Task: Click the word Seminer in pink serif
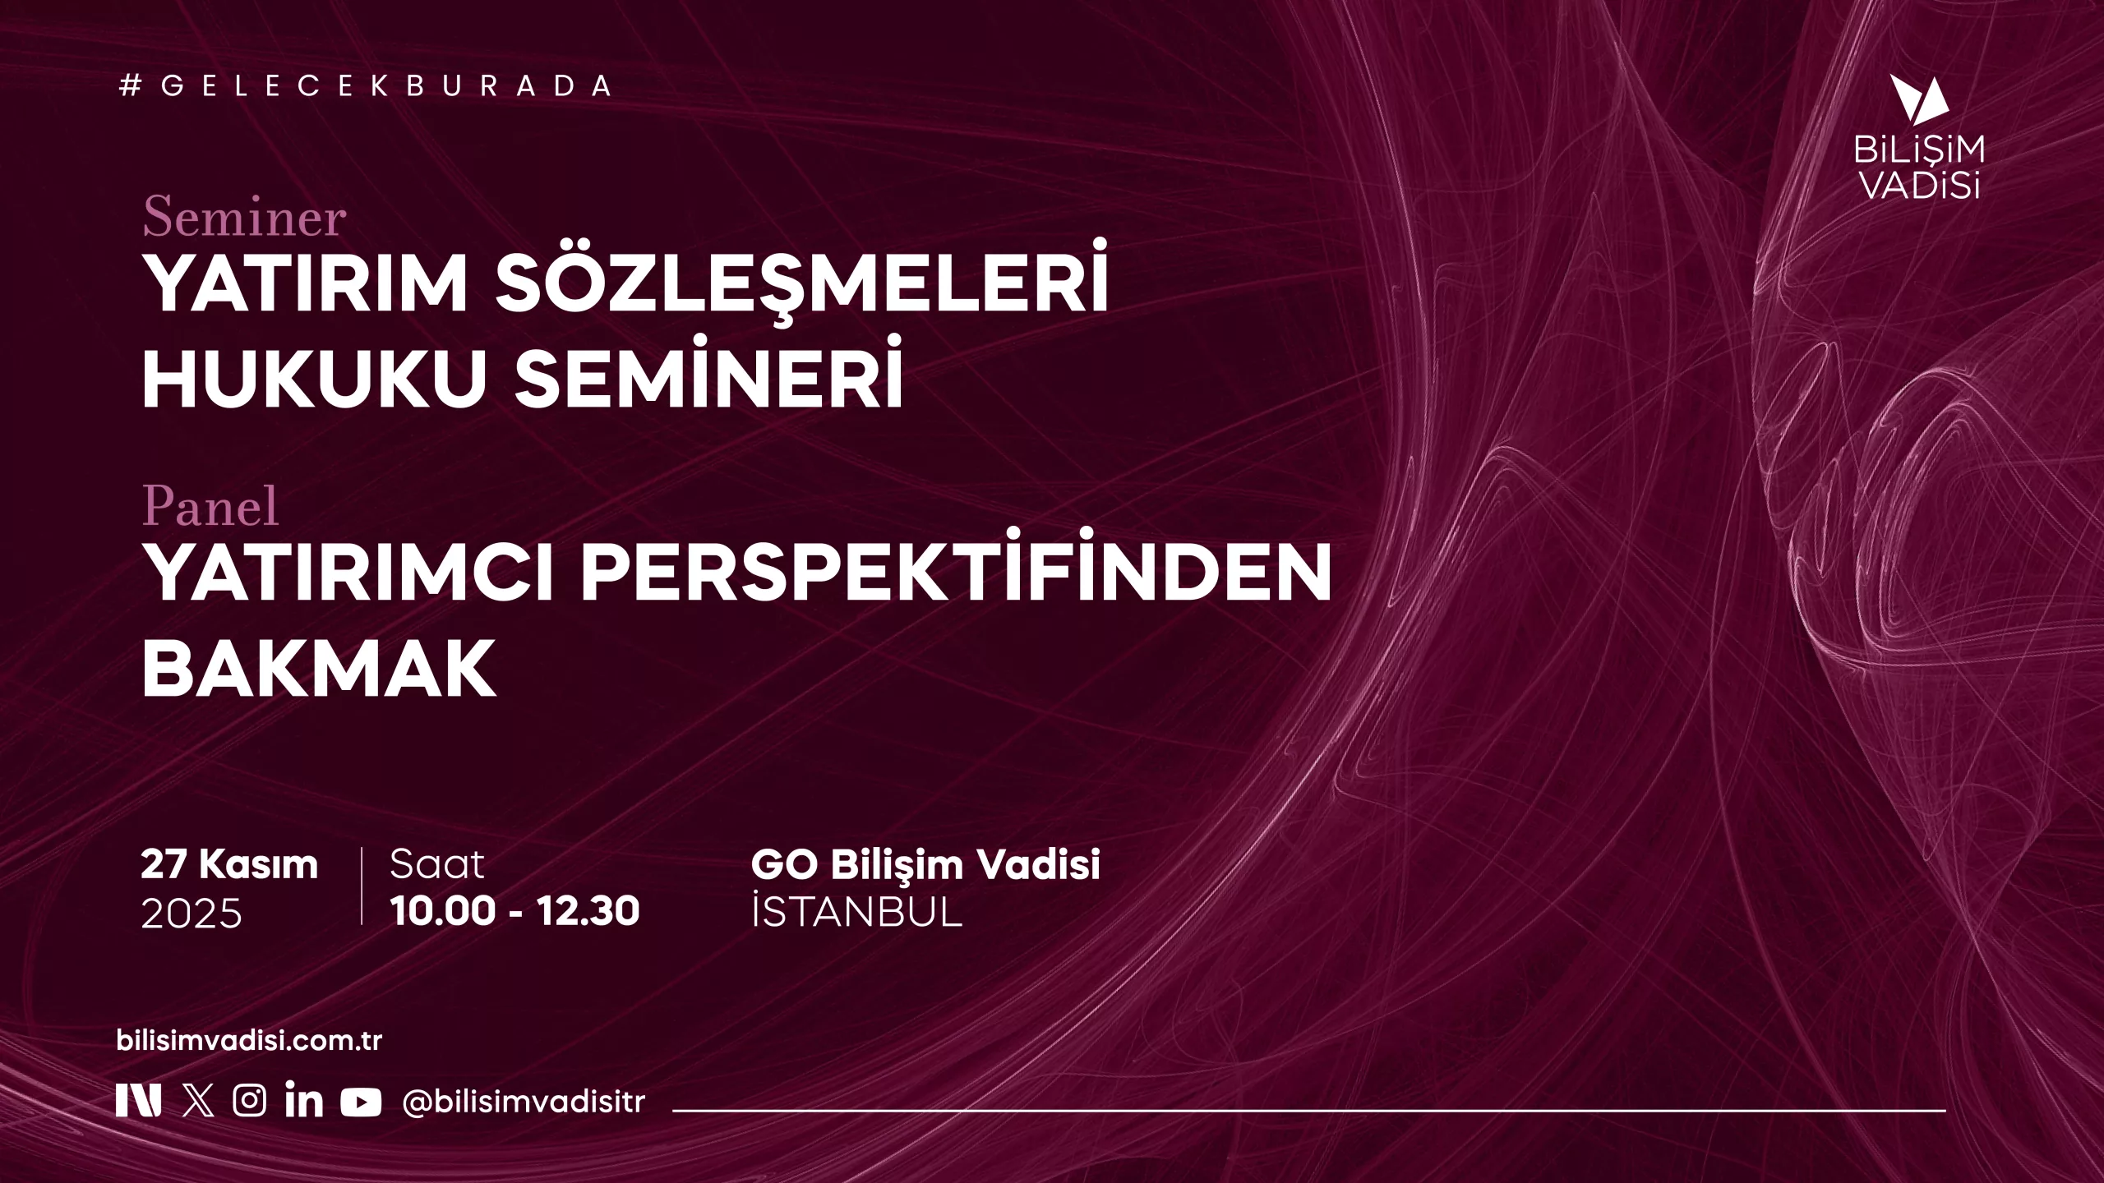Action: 244,218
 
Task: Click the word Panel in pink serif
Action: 210,505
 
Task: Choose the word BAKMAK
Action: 319,668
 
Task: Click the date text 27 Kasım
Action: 229,864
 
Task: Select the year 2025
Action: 191,914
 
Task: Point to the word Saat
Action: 437,864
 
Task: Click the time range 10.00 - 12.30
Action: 514,911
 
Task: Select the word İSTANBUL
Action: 856,911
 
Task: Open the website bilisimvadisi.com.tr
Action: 250,1041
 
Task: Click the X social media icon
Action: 198,1100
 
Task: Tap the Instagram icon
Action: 249,1100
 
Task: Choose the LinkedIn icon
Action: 304,1099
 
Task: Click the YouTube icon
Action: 361,1102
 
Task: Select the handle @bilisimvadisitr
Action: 524,1102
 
